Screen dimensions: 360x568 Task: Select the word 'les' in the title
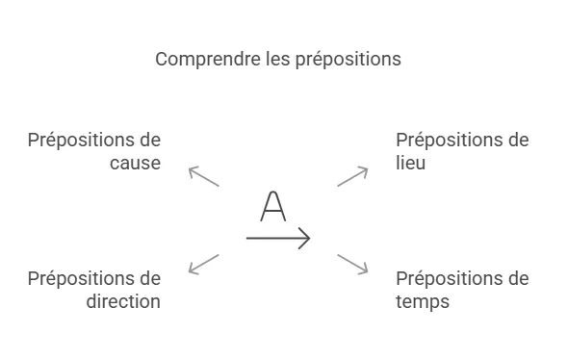tap(276, 60)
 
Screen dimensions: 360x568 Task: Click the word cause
tap(135, 164)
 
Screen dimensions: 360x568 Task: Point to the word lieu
tap(410, 164)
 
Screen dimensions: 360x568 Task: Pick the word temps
tap(423, 302)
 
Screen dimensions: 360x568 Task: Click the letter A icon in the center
tap(274, 206)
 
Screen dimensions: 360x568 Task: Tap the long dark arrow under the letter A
tap(278, 237)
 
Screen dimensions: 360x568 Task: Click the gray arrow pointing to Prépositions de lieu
tap(352, 176)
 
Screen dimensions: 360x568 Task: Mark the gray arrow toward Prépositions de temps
tap(352, 264)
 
